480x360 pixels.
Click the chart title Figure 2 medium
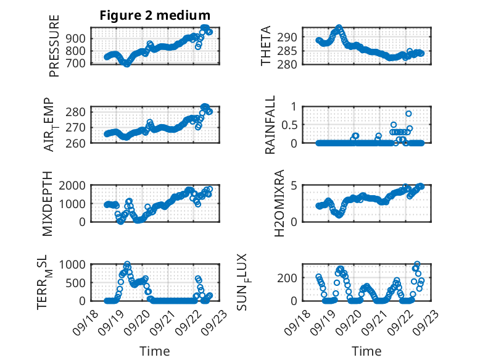155,15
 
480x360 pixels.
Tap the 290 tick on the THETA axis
291,37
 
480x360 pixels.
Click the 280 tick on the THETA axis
291,64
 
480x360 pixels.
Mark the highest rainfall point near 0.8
408,114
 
